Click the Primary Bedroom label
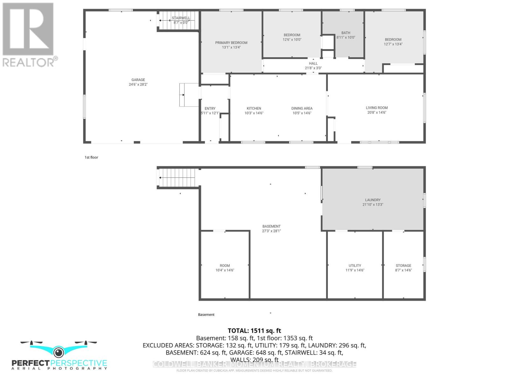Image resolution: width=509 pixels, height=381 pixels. coord(231,43)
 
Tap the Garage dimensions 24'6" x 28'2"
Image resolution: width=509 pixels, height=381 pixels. coord(138,84)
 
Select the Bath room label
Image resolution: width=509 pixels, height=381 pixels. coord(346,33)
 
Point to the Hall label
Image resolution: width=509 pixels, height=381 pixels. coord(313,63)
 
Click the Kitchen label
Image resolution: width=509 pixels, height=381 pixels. coord(254,108)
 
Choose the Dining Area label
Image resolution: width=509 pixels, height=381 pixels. coord(302,108)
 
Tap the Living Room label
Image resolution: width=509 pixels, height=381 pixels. coord(377,108)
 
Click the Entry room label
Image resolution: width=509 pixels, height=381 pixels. coord(210,109)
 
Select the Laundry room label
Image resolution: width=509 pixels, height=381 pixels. coord(373,200)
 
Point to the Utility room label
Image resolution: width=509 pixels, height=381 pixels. coord(355,265)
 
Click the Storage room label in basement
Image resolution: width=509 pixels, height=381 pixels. coord(403,265)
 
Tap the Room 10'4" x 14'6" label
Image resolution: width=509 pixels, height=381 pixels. coord(225,268)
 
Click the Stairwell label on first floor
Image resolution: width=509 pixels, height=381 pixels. coord(181,18)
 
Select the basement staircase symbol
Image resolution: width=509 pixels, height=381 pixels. coord(177,178)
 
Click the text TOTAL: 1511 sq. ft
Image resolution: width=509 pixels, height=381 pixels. coord(254,331)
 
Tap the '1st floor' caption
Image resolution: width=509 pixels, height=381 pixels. coord(91,157)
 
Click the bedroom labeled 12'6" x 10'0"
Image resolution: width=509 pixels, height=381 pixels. coord(292,37)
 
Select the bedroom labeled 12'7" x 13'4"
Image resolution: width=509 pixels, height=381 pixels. coord(393,42)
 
